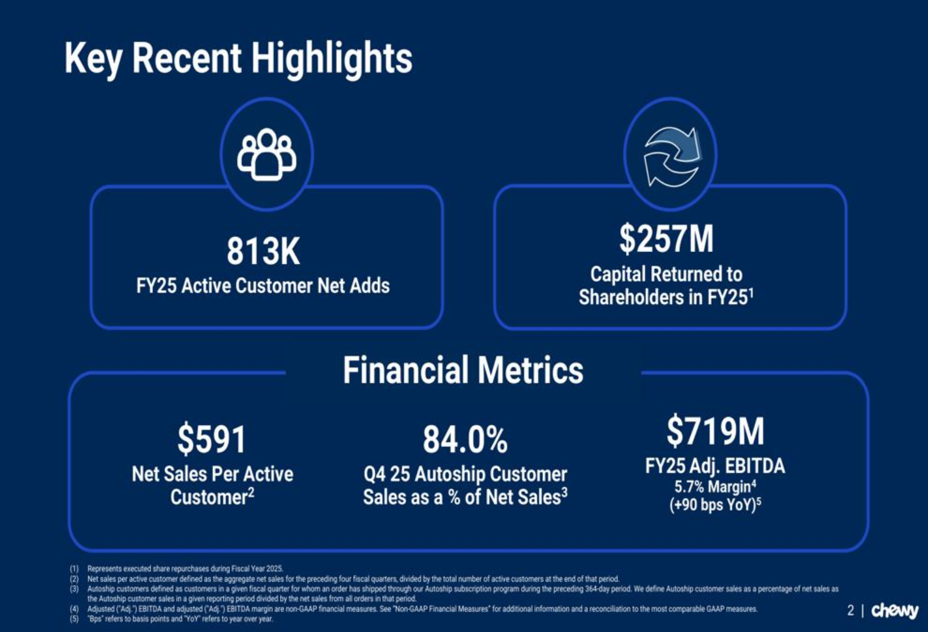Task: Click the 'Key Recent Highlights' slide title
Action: click(238, 59)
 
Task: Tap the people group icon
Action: click(267, 154)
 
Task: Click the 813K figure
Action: click(263, 251)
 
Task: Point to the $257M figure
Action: click(666, 239)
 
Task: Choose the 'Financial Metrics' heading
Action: click(463, 370)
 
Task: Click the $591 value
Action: click(212, 439)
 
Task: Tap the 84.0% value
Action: click(465, 439)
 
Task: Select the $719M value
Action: click(715, 431)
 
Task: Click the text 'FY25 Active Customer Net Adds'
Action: click(263, 286)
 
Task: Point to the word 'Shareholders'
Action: click(632, 297)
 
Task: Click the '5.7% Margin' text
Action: click(712, 487)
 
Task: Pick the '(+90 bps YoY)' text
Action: click(712, 505)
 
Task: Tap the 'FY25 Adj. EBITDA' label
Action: click(715, 466)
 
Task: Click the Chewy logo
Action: click(895, 611)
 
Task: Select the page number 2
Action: click(851, 611)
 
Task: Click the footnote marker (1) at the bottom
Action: click(74, 569)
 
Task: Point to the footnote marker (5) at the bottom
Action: click(74, 619)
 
